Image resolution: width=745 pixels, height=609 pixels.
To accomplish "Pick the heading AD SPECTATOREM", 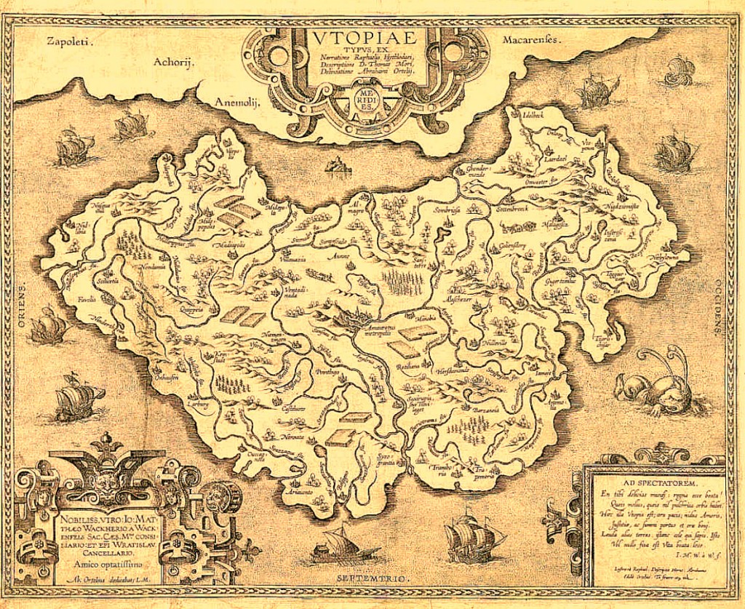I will (x=659, y=482).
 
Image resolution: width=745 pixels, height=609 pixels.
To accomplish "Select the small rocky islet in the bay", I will (x=338, y=169).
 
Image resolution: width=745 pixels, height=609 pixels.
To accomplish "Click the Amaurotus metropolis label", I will (x=381, y=330).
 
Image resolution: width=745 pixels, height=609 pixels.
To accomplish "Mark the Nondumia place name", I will (x=154, y=266).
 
